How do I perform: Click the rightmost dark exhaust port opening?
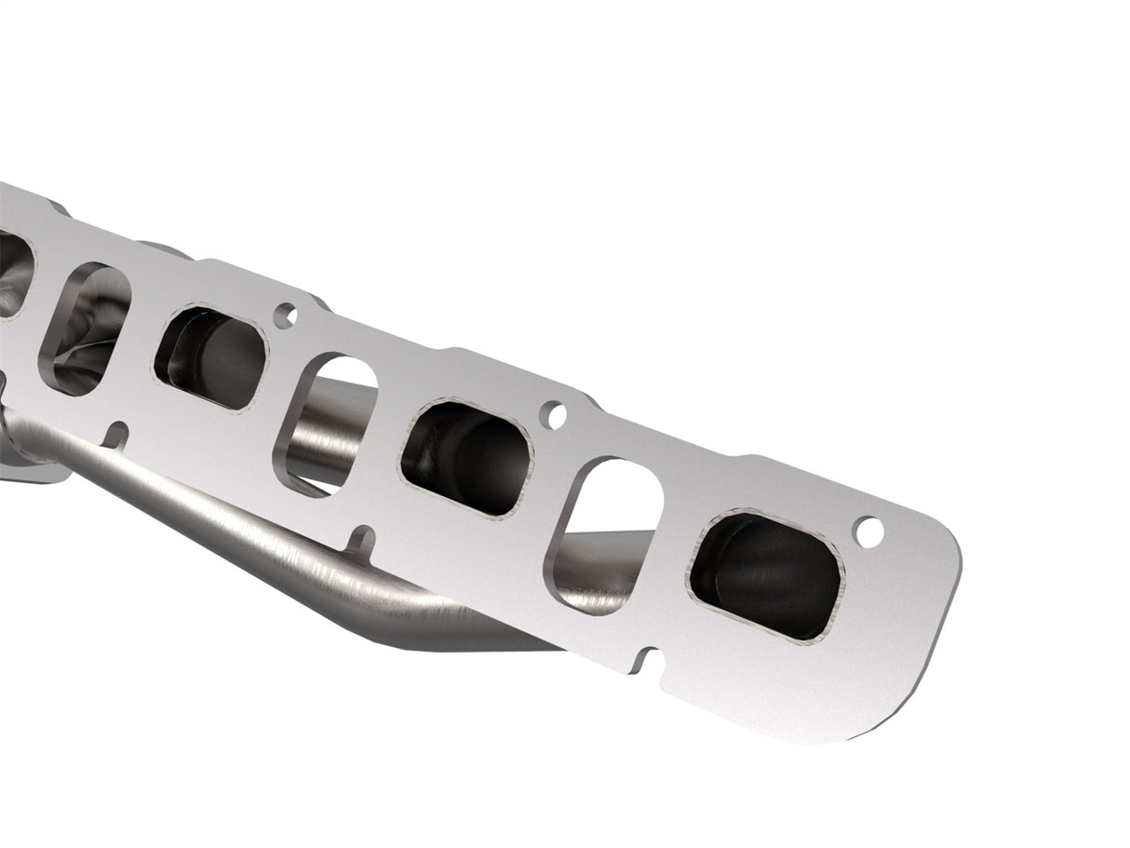tap(764, 574)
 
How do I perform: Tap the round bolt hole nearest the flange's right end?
tap(868, 532)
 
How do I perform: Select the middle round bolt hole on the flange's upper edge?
tap(555, 415)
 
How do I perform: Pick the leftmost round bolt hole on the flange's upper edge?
tap(286, 316)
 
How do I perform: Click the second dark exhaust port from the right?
tap(465, 457)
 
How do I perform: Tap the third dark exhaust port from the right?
tap(211, 357)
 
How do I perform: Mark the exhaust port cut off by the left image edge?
tap(13, 273)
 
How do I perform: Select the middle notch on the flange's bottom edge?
tap(360, 539)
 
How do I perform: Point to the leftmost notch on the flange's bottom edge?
tap(116, 433)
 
